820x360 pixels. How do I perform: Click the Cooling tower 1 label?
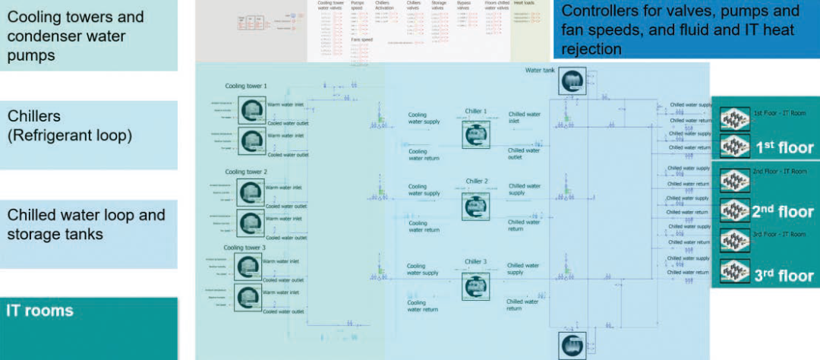pyautogui.click(x=245, y=87)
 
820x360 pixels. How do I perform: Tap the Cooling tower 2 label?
pyautogui.click(x=245, y=172)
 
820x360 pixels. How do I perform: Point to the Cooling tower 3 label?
pyautogui.click(x=244, y=248)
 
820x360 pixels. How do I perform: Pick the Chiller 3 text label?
pyautogui.click(x=476, y=262)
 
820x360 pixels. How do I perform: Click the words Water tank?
pyautogui.click(x=540, y=71)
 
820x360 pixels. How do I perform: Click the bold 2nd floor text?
pyautogui.click(x=782, y=212)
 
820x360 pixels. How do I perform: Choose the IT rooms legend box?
pyautogui.click(x=88, y=327)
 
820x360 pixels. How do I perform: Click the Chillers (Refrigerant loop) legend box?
pyautogui.click(x=88, y=134)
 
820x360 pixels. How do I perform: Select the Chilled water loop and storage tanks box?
pyautogui.click(x=88, y=233)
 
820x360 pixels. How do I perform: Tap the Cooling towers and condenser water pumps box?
pyautogui.click(x=88, y=35)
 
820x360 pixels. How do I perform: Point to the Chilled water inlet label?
pyautogui.click(x=524, y=118)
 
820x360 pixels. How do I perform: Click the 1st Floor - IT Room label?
pyautogui.click(x=780, y=113)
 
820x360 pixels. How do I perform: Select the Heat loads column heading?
pyautogui.click(x=524, y=3)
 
